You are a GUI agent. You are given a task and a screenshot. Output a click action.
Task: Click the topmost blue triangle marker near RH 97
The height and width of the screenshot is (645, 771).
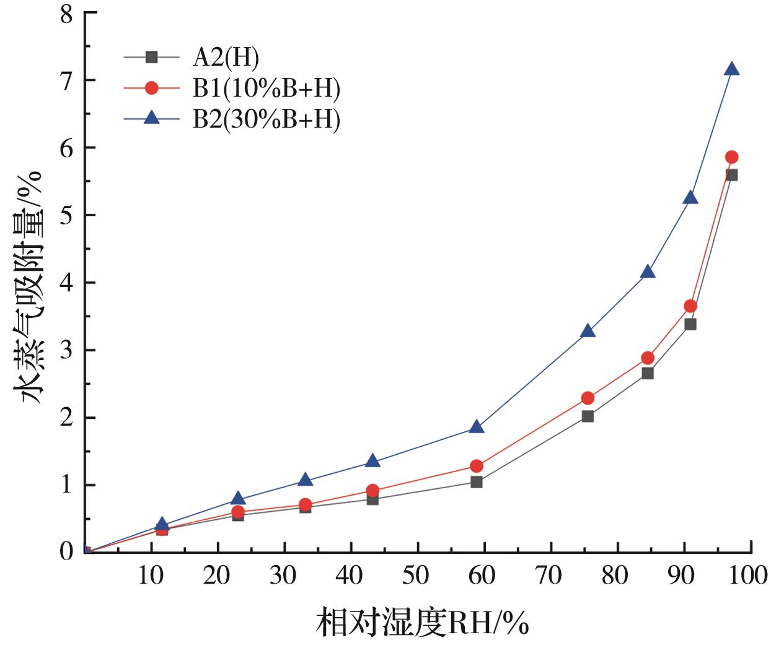click(731, 69)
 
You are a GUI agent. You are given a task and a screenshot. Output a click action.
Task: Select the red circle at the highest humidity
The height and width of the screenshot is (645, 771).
click(731, 157)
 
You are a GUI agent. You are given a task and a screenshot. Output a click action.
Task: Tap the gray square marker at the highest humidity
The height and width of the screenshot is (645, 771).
click(731, 175)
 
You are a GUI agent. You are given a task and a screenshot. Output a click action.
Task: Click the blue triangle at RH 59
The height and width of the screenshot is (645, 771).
click(477, 427)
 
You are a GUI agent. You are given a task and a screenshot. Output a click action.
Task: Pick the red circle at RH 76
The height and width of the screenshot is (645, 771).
click(588, 398)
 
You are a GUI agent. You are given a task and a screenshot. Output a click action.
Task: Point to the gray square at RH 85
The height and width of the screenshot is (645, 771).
click(648, 373)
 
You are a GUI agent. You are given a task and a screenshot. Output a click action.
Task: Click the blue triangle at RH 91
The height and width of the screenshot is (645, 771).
click(690, 198)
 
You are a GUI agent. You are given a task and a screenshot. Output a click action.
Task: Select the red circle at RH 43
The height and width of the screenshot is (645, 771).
click(372, 491)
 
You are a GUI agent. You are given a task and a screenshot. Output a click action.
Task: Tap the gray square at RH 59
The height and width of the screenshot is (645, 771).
click(477, 481)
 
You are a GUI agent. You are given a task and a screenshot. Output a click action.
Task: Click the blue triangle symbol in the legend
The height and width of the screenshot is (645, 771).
click(151, 118)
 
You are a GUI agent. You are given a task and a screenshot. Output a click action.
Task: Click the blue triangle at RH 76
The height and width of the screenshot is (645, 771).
click(588, 331)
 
